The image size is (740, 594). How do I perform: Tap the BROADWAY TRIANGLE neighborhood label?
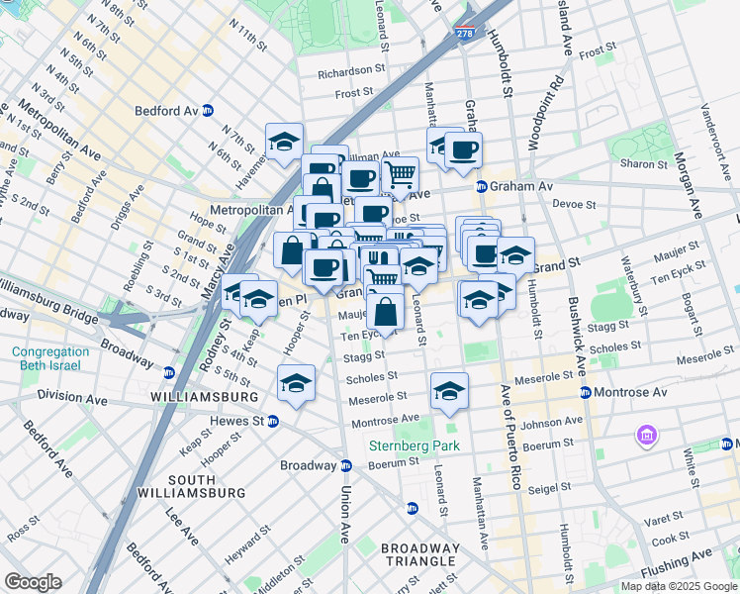[x=420, y=555]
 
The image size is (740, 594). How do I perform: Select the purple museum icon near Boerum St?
[x=649, y=435]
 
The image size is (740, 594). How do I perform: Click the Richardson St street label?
[x=351, y=72]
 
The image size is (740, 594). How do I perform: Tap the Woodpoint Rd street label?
[x=546, y=111]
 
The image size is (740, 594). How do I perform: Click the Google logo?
[x=32, y=581]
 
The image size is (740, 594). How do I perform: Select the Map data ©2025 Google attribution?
[x=678, y=586]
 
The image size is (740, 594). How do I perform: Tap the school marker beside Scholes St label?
[x=297, y=382]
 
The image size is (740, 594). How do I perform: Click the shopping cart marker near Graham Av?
[x=400, y=176]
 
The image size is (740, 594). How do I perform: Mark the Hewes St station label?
[x=235, y=421]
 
